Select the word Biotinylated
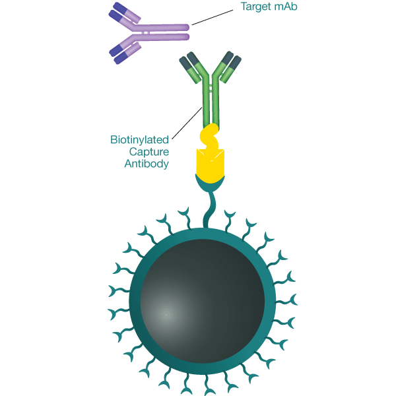(x=140, y=139)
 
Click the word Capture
(x=149, y=151)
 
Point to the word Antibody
(x=147, y=163)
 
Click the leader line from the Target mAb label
(x=211, y=18)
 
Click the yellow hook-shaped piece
(x=210, y=136)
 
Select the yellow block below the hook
(x=210, y=164)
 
